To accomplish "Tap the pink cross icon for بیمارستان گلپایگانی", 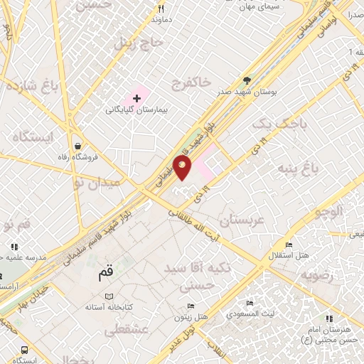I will coord(136,96).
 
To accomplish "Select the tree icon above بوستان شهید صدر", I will coord(247,80).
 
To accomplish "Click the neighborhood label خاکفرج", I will coord(191,84).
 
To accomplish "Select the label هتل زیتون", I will coord(191,316).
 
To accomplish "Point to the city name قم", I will coord(105,272).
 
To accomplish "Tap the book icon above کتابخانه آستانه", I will coord(109,296).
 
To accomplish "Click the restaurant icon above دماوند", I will coord(161,9).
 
